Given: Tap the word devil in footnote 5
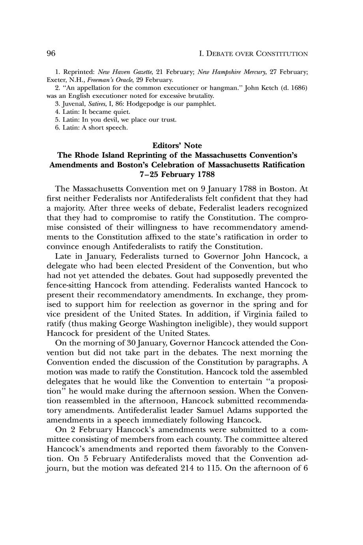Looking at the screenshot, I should [105, 120].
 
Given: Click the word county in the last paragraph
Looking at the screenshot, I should [225, 440].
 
